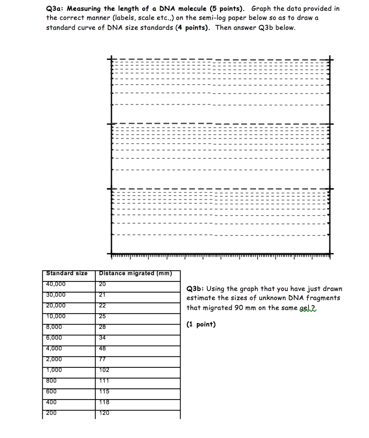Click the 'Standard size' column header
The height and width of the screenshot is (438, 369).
(x=67, y=273)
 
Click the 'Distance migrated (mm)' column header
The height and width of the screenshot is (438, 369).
(x=135, y=273)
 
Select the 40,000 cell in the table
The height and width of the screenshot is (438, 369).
(x=56, y=284)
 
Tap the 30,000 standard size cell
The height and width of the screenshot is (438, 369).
(x=56, y=295)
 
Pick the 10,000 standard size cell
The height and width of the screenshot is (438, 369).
(x=56, y=316)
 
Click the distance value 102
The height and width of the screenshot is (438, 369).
(x=104, y=370)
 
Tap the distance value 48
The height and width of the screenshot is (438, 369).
(x=102, y=349)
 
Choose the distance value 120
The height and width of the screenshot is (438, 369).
(x=104, y=413)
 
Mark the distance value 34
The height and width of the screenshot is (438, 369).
(x=102, y=338)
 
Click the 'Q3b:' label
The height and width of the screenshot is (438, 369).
(x=196, y=289)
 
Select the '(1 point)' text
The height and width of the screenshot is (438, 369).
(x=201, y=325)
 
